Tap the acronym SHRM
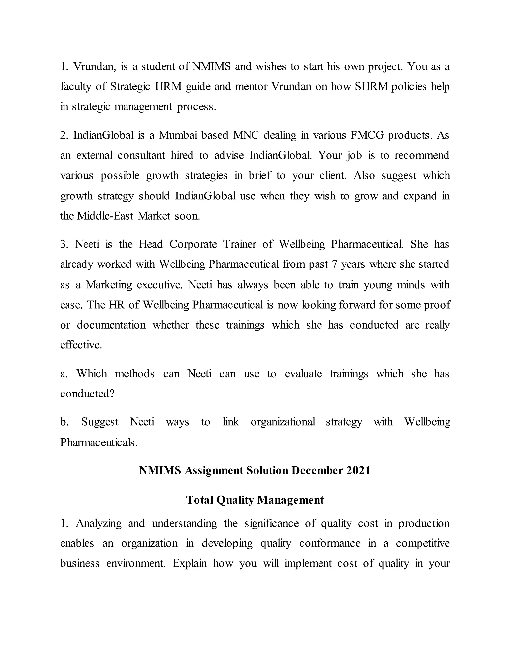click(371, 87)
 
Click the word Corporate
click(193, 244)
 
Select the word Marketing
click(109, 285)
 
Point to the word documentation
click(111, 325)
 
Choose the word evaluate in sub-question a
click(303, 374)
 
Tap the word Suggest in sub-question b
click(100, 422)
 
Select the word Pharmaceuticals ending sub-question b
click(99, 442)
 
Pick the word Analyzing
click(99, 523)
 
